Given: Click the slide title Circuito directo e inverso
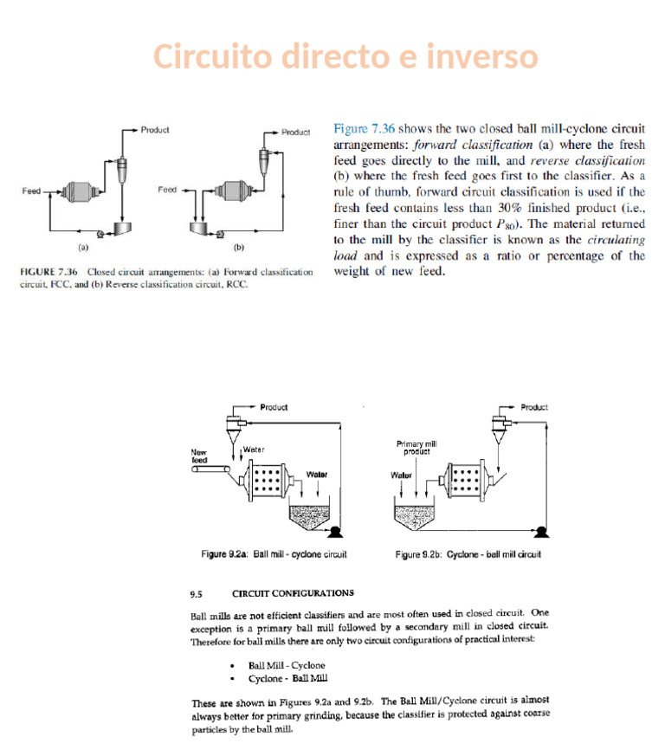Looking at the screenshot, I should (345, 57).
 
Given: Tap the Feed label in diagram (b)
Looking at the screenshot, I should (167, 189).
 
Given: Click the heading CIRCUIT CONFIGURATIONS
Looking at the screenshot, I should (293, 593).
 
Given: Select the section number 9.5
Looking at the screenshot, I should (197, 594).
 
